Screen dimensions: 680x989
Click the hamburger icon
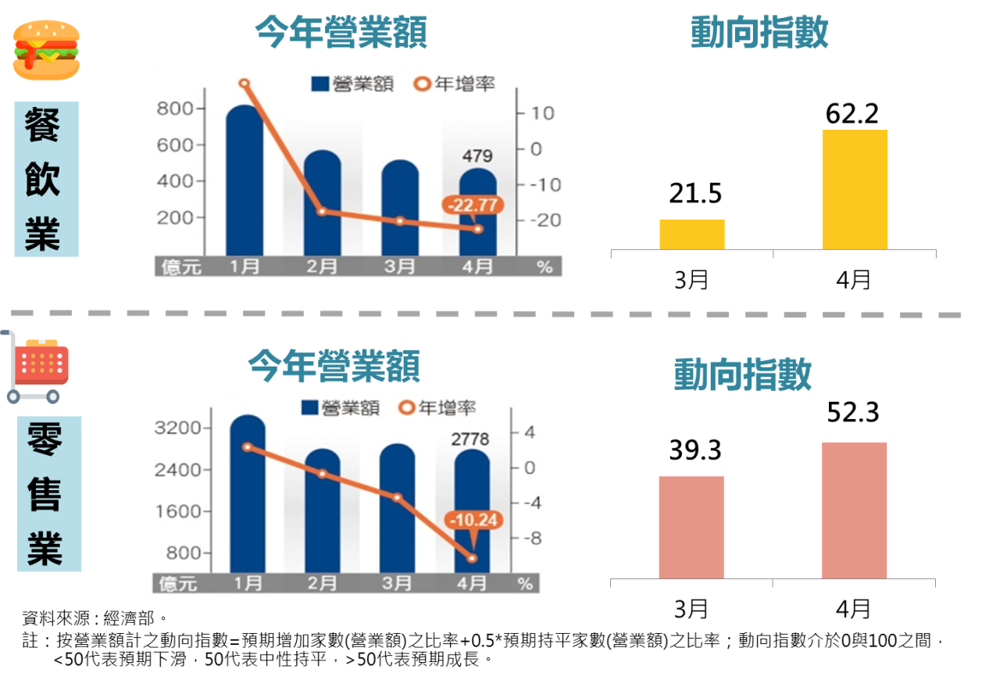tap(47, 50)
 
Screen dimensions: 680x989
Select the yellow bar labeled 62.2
tap(855, 190)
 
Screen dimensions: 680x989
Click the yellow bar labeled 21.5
tap(691, 234)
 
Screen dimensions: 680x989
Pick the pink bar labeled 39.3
tap(691, 527)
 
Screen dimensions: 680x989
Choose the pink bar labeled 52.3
tap(854, 510)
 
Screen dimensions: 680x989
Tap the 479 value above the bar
tap(477, 156)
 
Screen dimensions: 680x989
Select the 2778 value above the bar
tap(470, 439)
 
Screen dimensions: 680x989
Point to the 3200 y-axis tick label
tap(179, 428)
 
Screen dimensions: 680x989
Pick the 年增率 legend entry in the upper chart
tap(455, 84)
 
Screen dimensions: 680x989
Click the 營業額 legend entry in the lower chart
tap(341, 407)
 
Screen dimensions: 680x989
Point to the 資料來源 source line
tap(95, 619)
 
